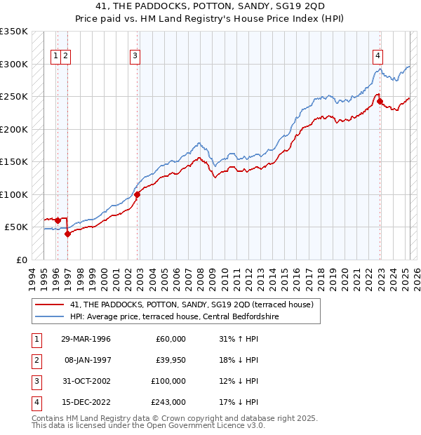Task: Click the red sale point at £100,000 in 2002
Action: (x=138, y=195)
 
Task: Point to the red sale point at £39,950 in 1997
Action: (x=67, y=234)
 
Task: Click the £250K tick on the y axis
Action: (x=14, y=97)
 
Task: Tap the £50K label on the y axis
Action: (x=16, y=227)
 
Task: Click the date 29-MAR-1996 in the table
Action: (x=86, y=339)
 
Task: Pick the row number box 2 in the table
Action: (x=35, y=360)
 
